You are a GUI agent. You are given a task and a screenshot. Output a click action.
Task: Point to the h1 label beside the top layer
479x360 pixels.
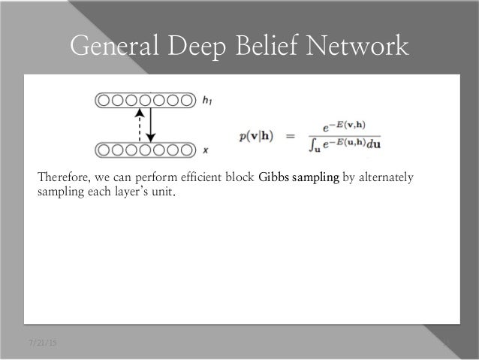click(x=209, y=99)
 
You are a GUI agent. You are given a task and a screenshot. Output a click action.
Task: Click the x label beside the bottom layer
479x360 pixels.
click(x=206, y=150)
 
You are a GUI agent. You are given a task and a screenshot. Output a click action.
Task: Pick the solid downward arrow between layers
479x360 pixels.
click(x=151, y=125)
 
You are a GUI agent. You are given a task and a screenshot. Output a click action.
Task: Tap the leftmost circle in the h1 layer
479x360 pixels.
click(x=103, y=99)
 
